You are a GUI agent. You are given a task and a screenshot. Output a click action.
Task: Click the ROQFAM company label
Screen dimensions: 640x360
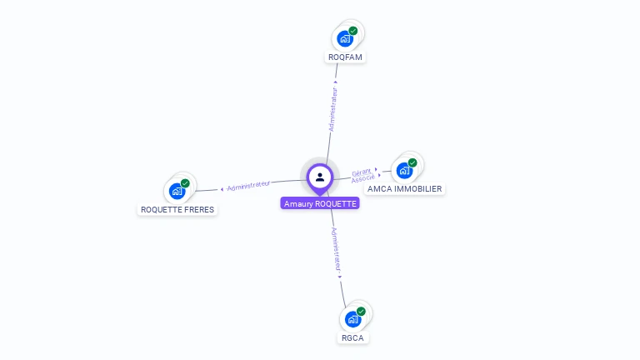(x=346, y=57)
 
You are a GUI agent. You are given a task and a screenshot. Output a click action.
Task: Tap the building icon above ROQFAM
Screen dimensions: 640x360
(x=345, y=38)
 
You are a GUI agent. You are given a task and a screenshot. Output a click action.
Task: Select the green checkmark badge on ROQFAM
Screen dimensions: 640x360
(x=353, y=31)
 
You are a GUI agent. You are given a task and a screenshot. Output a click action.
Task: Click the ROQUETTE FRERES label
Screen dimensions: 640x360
(x=177, y=209)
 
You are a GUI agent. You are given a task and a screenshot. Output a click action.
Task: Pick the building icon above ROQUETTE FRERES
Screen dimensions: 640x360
(x=177, y=191)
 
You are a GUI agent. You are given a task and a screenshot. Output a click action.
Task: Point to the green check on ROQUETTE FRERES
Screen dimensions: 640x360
(x=185, y=183)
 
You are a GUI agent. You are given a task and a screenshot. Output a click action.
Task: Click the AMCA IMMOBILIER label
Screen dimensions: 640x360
(x=405, y=188)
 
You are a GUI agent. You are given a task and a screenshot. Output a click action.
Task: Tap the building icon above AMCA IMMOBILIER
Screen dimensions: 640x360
(x=404, y=171)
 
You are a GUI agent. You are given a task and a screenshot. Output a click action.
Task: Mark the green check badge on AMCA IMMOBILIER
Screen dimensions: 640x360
(x=412, y=162)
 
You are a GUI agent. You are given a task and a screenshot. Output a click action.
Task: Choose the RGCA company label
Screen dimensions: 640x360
(x=353, y=337)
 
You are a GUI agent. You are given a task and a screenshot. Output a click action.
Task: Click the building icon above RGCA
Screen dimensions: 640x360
(x=352, y=319)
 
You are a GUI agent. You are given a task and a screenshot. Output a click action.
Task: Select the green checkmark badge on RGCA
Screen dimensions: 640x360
(x=361, y=312)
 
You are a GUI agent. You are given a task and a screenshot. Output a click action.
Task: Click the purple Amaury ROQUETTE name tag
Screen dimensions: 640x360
(x=320, y=203)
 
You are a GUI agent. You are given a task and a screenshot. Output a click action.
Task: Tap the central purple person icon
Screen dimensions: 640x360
(x=320, y=177)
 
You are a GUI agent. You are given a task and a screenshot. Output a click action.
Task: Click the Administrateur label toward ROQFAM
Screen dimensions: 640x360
(x=334, y=109)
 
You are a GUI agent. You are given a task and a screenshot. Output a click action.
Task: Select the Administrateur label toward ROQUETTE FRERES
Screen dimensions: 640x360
(x=248, y=185)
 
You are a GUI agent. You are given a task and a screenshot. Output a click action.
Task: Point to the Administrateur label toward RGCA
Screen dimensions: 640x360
(x=336, y=250)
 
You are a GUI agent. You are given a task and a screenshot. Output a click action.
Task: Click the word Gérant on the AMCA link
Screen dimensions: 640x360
(x=361, y=172)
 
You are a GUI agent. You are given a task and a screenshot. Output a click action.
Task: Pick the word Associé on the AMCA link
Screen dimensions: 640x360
(x=362, y=178)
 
